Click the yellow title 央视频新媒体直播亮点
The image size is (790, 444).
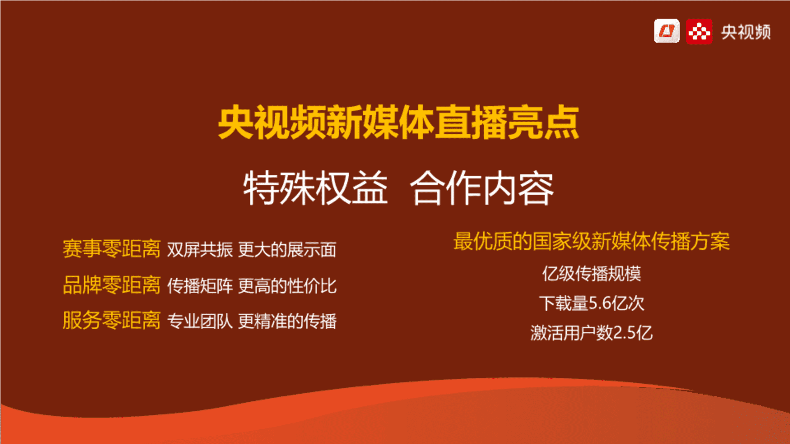pos(398,123)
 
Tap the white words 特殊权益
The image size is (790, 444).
pos(316,188)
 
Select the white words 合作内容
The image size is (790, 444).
pos(482,188)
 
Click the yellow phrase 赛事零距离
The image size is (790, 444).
pos(112,249)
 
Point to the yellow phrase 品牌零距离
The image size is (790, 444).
pos(112,285)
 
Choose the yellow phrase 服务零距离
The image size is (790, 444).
pos(112,320)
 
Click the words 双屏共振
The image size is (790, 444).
pos(200,250)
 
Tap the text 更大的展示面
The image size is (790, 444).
pos(287,250)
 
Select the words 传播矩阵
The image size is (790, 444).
pos(200,286)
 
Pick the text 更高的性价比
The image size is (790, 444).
pos(287,286)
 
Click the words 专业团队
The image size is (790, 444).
pos(200,321)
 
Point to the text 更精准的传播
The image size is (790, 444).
pos(287,321)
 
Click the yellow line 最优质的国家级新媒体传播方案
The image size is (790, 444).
pos(592,241)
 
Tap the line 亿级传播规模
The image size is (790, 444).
pos(592,274)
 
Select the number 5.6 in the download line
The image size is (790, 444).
pos(600,303)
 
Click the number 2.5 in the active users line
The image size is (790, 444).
pos(624,333)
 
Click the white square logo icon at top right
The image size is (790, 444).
pos(667,31)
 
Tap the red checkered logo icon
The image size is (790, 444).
pos(699,31)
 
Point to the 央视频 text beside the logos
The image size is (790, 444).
pos(746,32)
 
